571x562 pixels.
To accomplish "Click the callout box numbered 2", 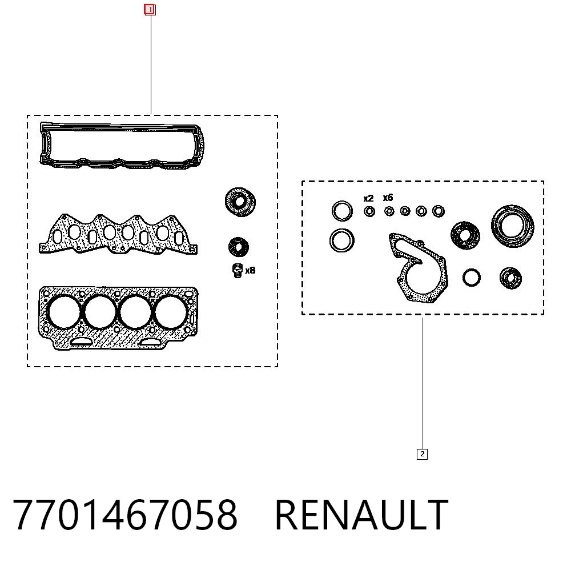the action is click(x=422, y=454).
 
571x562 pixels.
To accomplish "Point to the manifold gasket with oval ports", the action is click(x=118, y=234).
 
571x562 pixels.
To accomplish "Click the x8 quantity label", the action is click(x=250, y=270).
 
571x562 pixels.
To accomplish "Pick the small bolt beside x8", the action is click(x=237, y=270).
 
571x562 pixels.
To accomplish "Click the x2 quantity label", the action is click(x=368, y=199).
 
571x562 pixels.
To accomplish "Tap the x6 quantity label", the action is click(x=388, y=198).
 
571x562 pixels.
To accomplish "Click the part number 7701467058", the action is click(x=125, y=515).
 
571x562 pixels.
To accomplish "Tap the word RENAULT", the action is click(x=361, y=515).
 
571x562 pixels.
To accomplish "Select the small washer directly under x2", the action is click(x=369, y=211).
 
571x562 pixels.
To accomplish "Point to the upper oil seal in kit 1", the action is click(x=240, y=202).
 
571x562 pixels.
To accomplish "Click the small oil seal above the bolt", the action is click(x=239, y=247).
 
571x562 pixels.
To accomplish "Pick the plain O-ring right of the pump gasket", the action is click(x=471, y=278).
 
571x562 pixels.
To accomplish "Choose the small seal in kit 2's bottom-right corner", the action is click(x=510, y=278).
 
